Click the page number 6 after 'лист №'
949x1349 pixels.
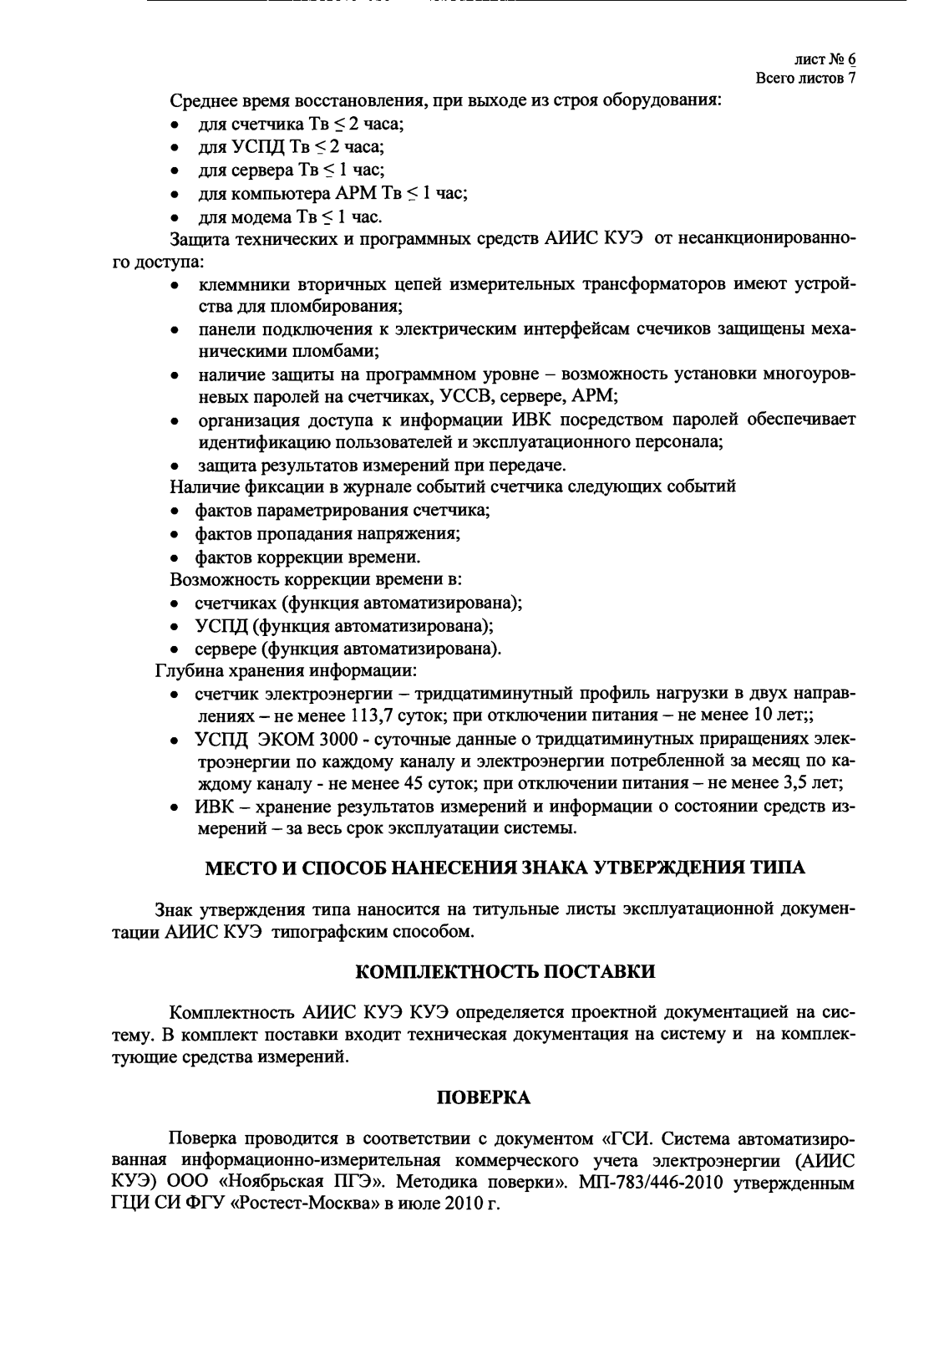point(851,60)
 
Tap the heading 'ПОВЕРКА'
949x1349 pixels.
point(484,1097)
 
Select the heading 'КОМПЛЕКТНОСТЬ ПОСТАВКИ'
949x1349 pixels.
point(505,972)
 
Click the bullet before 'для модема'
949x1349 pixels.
point(173,218)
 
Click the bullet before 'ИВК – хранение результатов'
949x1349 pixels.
point(173,807)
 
